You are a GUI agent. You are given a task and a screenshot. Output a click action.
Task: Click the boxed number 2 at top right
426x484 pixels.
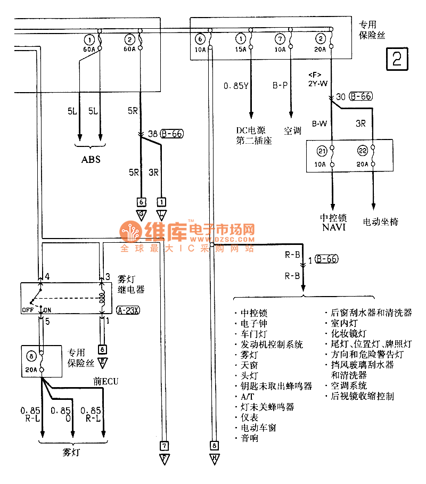click(397, 59)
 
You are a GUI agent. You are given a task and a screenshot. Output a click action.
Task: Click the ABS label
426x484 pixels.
click(91, 159)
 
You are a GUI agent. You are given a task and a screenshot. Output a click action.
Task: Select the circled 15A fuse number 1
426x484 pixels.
click(242, 39)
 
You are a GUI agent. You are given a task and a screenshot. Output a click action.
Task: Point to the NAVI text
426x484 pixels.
click(333, 227)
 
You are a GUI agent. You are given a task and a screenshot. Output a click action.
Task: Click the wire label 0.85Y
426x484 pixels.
click(235, 85)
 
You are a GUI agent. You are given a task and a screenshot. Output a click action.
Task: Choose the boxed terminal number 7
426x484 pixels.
click(165, 445)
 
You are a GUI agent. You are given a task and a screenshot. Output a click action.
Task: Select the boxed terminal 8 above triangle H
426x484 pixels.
click(214, 445)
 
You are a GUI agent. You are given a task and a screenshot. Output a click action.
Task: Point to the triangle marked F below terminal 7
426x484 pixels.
click(165, 458)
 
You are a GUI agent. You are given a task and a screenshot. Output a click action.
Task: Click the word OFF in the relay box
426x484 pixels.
click(28, 309)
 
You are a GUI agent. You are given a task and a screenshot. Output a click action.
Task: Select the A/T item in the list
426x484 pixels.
click(245, 396)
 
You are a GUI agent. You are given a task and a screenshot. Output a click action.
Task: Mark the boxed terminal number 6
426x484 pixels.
click(141, 202)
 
